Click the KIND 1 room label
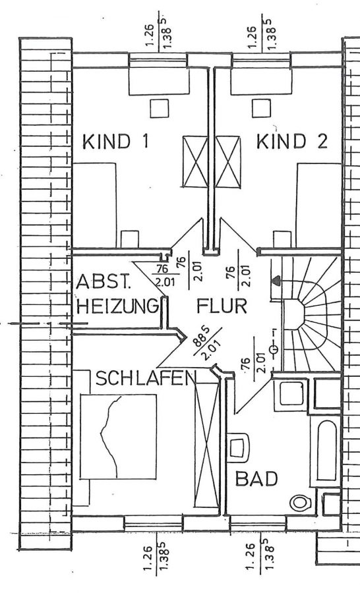[115, 142]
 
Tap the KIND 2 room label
[292, 141]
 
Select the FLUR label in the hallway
[222, 306]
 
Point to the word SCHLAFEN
[147, 378]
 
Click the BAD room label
[256, 478]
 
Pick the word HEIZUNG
[117, 306]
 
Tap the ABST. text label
[103, 283]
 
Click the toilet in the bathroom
[301, 503]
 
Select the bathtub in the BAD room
[325, 451]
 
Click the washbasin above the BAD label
[239, 447]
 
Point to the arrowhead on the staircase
[276, 281]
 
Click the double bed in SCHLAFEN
[119, 436]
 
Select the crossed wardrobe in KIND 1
[195, 162]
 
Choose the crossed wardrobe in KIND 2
[228, 162]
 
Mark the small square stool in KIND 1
[160, 109]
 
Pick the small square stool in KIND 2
[262, 109]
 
